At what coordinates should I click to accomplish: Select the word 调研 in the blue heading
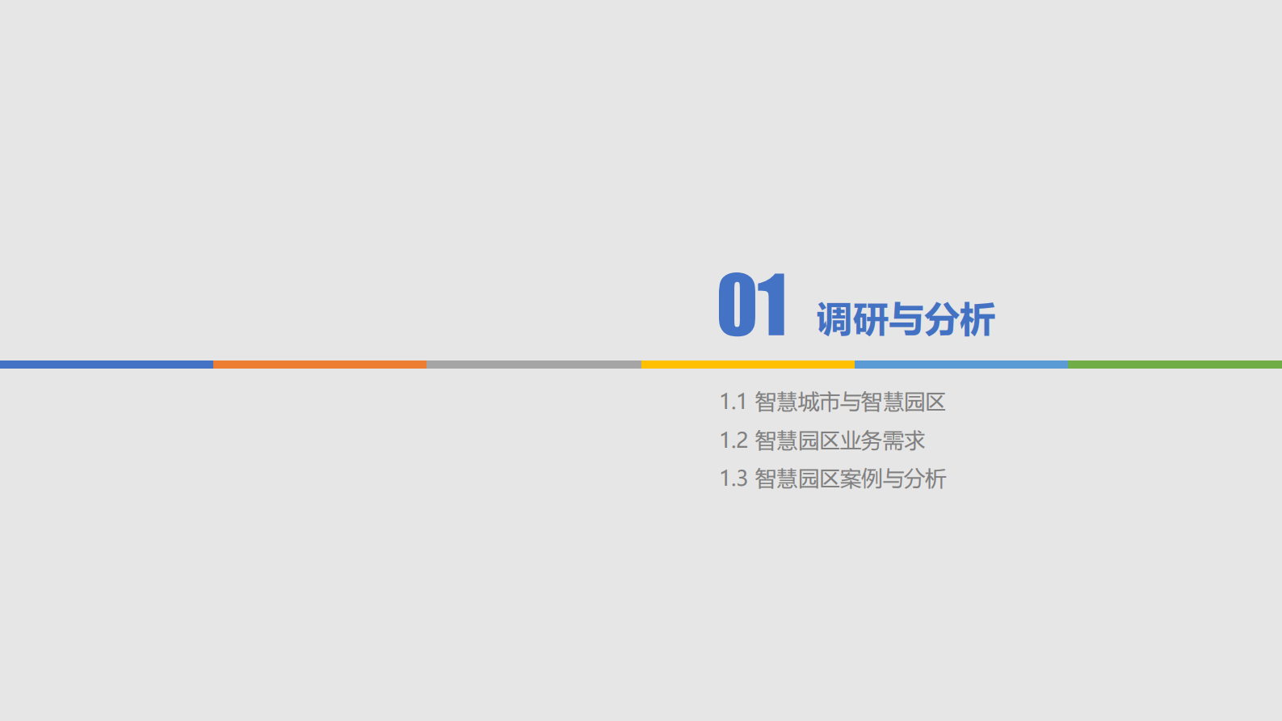tap(851, 320)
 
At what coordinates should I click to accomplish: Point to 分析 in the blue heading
tap(960, 320)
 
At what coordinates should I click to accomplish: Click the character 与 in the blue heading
tap(906, 320)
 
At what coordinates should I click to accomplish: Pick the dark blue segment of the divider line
tap(107, 365)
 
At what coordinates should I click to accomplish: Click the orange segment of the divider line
tap(320, 365)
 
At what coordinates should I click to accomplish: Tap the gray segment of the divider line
tap(534, 365)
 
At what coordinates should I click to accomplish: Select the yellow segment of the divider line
tap(748, 365)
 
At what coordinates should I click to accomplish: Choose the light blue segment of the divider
tap(961, 365)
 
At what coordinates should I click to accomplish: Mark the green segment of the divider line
tap(1175, 365)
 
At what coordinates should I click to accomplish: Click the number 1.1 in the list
tap(733, 402)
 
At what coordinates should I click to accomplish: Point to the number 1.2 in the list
tap(733, 441)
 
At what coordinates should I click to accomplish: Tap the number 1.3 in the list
tap(733, 479)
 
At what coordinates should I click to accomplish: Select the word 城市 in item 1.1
tap(818, 402)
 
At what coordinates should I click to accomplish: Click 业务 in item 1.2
tap(861, 441)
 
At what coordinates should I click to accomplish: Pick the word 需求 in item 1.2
tap(904, 441)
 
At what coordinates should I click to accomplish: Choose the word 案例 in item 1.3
tap(861, 479)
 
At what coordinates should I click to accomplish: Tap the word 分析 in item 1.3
tap(925, 479)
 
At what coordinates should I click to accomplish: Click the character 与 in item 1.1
tap(851, 402)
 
